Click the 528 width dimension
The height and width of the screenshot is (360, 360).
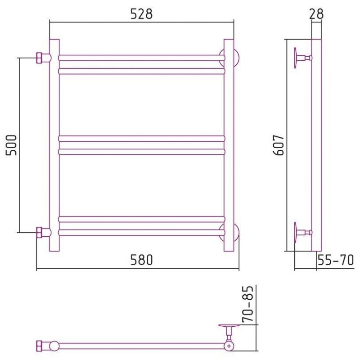(x=141, y=14)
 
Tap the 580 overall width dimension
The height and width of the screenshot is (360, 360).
(x=141, y=260)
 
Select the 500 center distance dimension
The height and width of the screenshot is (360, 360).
(x=11, y=145)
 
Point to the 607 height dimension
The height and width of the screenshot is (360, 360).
(x=279, y=145)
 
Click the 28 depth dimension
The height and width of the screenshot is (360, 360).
(x=316, y=14)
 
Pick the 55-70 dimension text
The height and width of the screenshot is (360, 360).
(x=336, y=260)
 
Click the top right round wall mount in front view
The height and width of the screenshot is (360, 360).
(x=236, y=58)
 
